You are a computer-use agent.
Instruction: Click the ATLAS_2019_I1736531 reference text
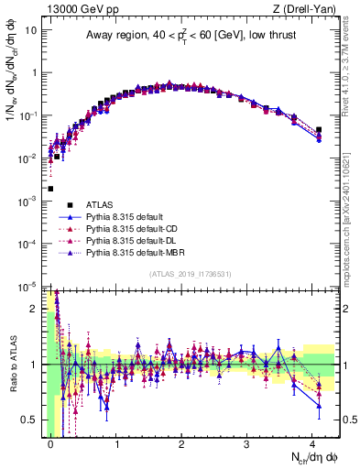pyautogui.click(x=190, y=275)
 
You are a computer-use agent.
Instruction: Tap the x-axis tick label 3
pyautogui.click(x=246, y=444)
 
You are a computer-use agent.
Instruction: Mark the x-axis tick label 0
pyautogui.click(x=50, y=444)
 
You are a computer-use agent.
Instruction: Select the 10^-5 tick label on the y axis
pyautogui.click(x=27, y=287)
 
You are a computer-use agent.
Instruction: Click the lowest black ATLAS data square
pyautogui.click(x=50, y=189)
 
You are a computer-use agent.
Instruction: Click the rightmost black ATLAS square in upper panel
pyautogui.click(x=319, y=130)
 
